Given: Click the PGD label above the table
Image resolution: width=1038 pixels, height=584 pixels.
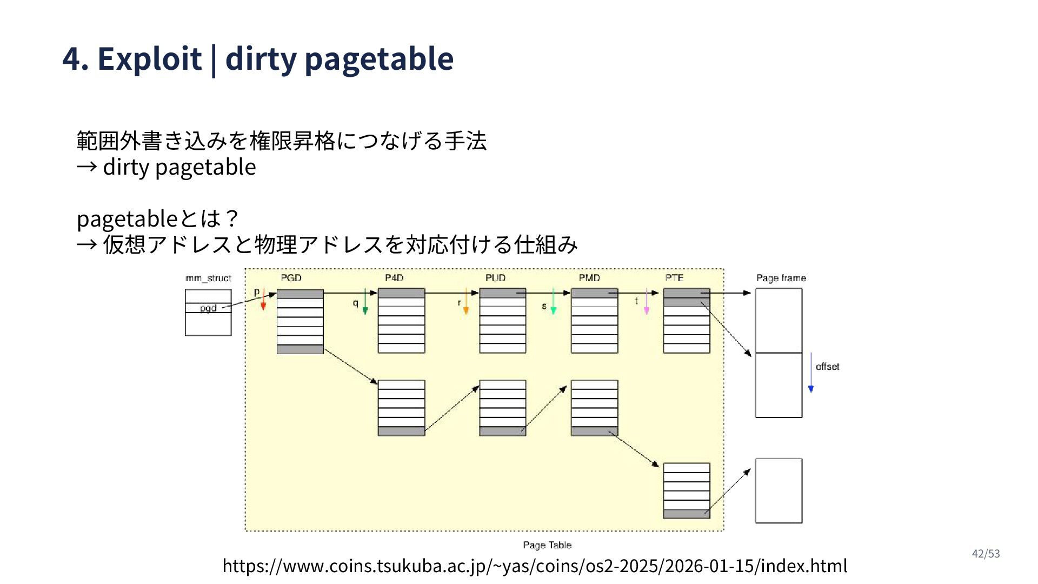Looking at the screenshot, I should (291, 278).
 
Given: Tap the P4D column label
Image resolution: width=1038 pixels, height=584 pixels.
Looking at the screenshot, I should (394, 278).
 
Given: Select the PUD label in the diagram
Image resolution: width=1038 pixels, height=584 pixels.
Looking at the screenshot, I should (495, 278).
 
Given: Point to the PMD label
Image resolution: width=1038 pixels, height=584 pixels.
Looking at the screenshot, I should (589, 278).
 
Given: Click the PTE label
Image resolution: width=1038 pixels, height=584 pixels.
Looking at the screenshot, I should (674, 278).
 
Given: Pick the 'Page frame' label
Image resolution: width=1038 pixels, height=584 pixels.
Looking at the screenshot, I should (781, 278).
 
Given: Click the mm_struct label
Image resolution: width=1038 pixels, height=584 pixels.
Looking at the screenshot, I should (208, 278).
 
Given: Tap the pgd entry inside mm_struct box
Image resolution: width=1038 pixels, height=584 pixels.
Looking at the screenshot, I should (208, 308).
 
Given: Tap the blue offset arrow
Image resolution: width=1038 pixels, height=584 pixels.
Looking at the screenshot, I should (810, 373).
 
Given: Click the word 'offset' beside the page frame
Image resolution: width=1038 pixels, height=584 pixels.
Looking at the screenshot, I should (827, 367).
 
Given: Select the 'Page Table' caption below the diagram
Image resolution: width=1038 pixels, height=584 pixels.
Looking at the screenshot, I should (547, 545).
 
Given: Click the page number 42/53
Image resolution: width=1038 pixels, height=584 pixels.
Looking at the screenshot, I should (986, 554).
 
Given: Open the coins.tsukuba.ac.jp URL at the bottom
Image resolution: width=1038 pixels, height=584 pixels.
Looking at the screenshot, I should (535, 566).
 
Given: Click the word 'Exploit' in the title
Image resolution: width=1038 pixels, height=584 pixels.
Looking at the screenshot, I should (149, 58).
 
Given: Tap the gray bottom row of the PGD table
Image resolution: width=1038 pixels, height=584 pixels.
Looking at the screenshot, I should (300, 349).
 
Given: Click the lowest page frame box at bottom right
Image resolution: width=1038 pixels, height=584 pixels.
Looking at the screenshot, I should (778, 491).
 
